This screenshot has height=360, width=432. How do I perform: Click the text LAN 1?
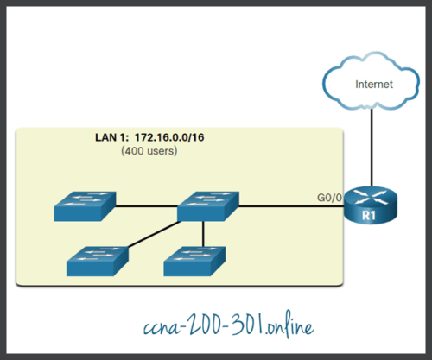tap(112, 137)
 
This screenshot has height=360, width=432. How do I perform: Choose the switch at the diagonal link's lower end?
tap(97, 256)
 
